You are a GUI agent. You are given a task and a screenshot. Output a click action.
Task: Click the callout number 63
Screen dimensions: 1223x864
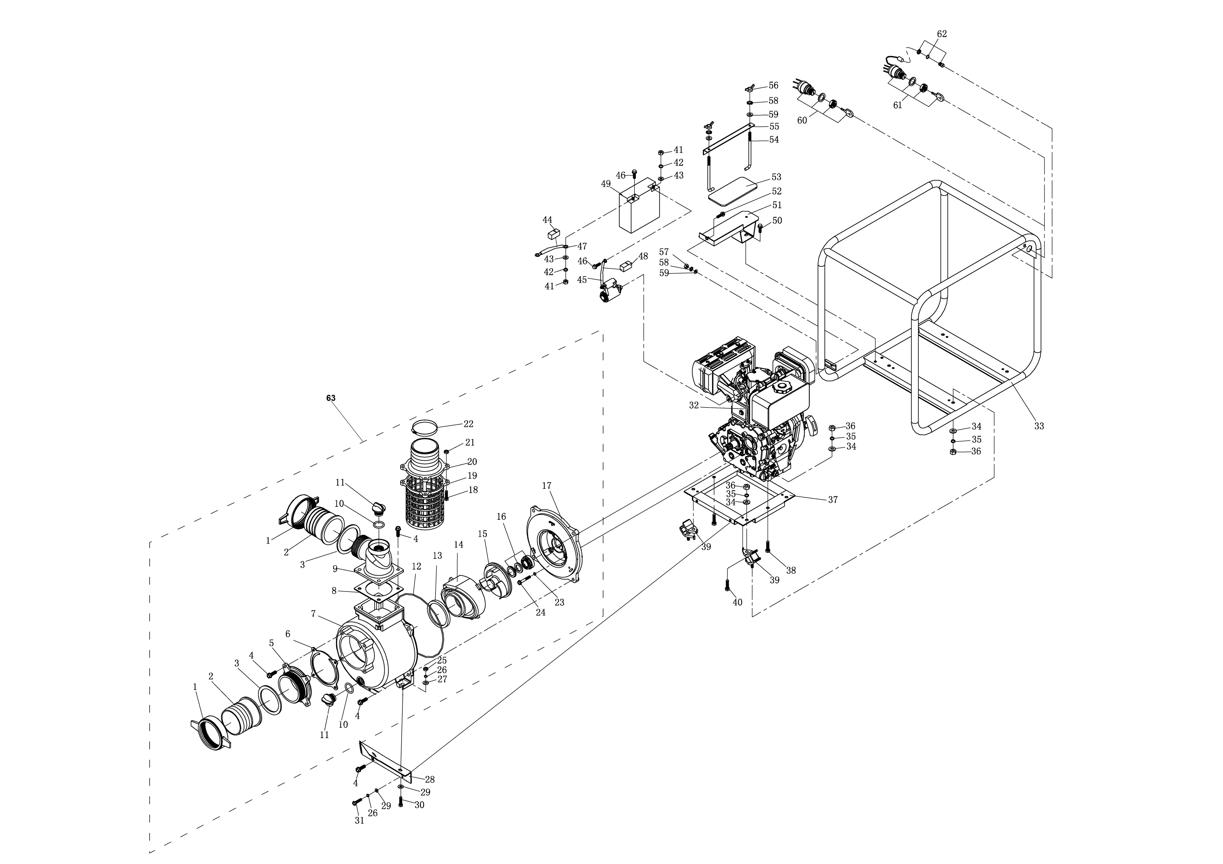coord(331,398)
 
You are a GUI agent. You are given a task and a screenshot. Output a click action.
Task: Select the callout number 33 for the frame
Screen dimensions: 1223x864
coord(1039,426)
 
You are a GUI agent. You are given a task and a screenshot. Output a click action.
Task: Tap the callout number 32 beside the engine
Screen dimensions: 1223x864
coord(693,405)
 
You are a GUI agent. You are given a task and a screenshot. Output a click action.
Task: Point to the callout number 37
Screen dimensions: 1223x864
coord(833,500)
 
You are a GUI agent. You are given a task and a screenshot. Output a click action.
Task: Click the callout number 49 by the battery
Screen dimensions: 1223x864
coord(606,184)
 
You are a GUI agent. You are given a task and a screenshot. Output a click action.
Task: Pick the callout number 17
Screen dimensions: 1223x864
coord(546,486)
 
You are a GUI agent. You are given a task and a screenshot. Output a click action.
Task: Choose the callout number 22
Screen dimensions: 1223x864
coord(468,424)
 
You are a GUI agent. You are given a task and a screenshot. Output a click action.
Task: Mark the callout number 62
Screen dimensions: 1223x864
coord(942,34)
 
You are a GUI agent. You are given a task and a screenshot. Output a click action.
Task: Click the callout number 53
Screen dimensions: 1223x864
coord(776,177)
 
